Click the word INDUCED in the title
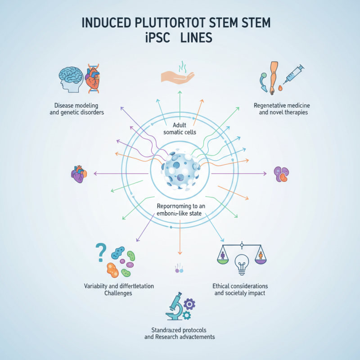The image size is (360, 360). pyautogui.click(x=106, y=23)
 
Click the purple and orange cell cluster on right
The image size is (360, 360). pyautogui.click(x=281, y=174)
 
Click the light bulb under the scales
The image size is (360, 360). pyautogui.click(x=242, y=264)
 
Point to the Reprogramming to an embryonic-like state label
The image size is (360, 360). pyautogui.click(x=180, y=210)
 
